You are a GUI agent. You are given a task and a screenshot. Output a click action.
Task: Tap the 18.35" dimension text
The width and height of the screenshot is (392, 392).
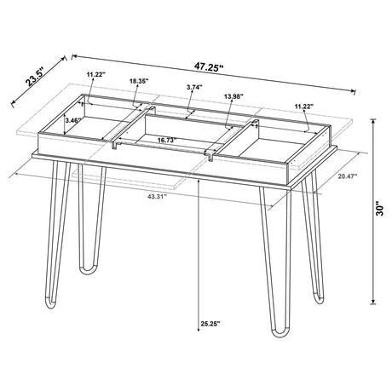[139, 81]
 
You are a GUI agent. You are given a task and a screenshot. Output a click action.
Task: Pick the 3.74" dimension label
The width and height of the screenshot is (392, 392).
[193, 87]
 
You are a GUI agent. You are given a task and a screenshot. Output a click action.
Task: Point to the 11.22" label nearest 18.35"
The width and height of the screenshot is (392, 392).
[95, 75]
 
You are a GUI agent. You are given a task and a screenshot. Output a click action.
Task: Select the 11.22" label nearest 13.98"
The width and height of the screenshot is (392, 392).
[303, 107]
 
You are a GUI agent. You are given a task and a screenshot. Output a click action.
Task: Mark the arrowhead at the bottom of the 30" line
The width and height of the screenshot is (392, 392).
[373, 303]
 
